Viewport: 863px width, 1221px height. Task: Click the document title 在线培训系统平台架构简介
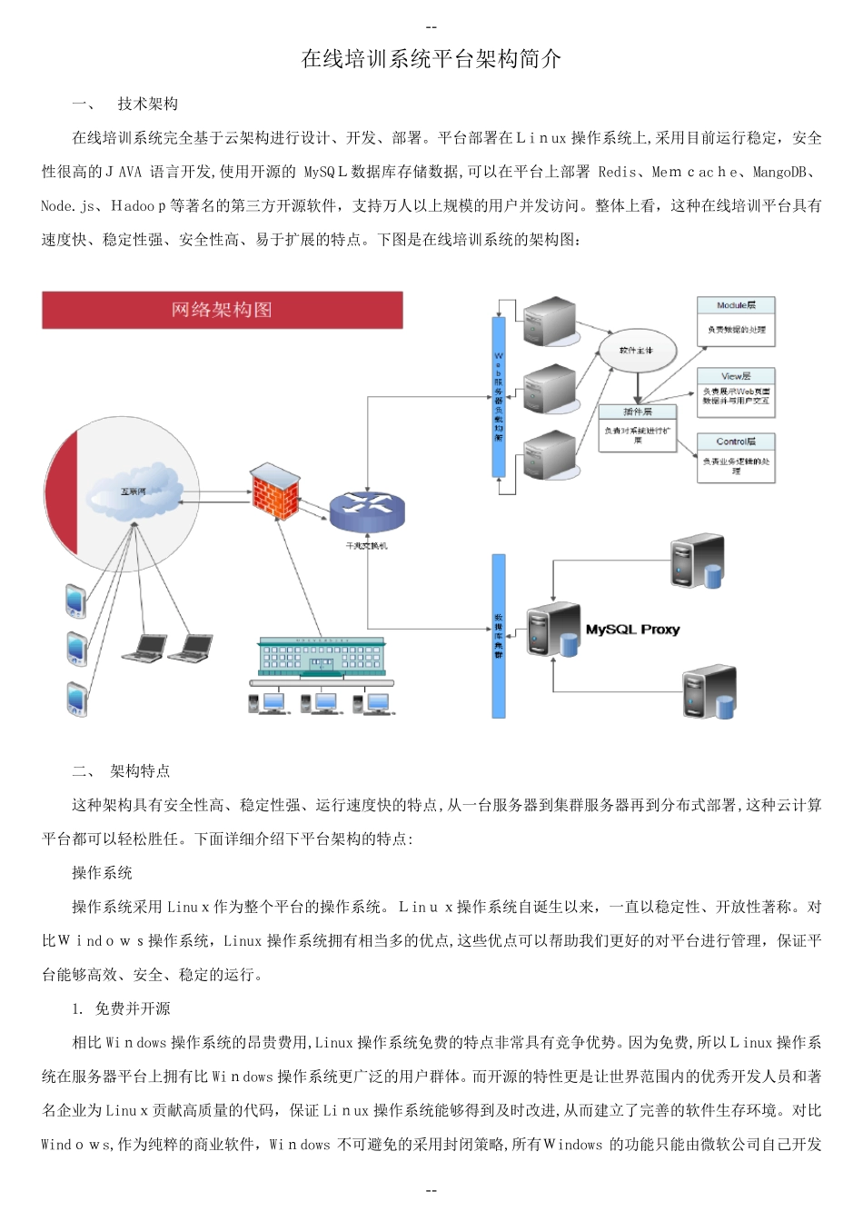coord(431,60)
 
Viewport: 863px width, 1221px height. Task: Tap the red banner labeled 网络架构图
coord(222,310)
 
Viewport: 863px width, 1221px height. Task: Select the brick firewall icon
coord(273,490)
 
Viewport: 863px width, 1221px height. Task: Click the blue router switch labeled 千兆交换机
coord(366,511)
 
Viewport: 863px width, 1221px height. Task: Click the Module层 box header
coord(735,305)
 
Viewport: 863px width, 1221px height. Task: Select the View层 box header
coord(735,376)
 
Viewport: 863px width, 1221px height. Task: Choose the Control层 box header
coord(735,442)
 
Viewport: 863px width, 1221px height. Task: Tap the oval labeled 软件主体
coord(636,351)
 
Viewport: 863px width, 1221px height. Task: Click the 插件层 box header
coord(637,412)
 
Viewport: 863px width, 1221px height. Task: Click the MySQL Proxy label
coord(632,630)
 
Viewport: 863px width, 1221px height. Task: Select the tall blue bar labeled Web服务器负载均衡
coord(498,396)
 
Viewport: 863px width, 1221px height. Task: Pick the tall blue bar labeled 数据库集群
coord(498,636)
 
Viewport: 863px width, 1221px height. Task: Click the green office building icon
coord(322,656)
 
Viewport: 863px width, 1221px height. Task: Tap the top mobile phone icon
coord(76,601)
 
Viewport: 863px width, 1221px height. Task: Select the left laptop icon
coord(144,648)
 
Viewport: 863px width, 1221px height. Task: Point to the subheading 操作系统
coord(102,873)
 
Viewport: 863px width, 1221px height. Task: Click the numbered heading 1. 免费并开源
coord(121,1008)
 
